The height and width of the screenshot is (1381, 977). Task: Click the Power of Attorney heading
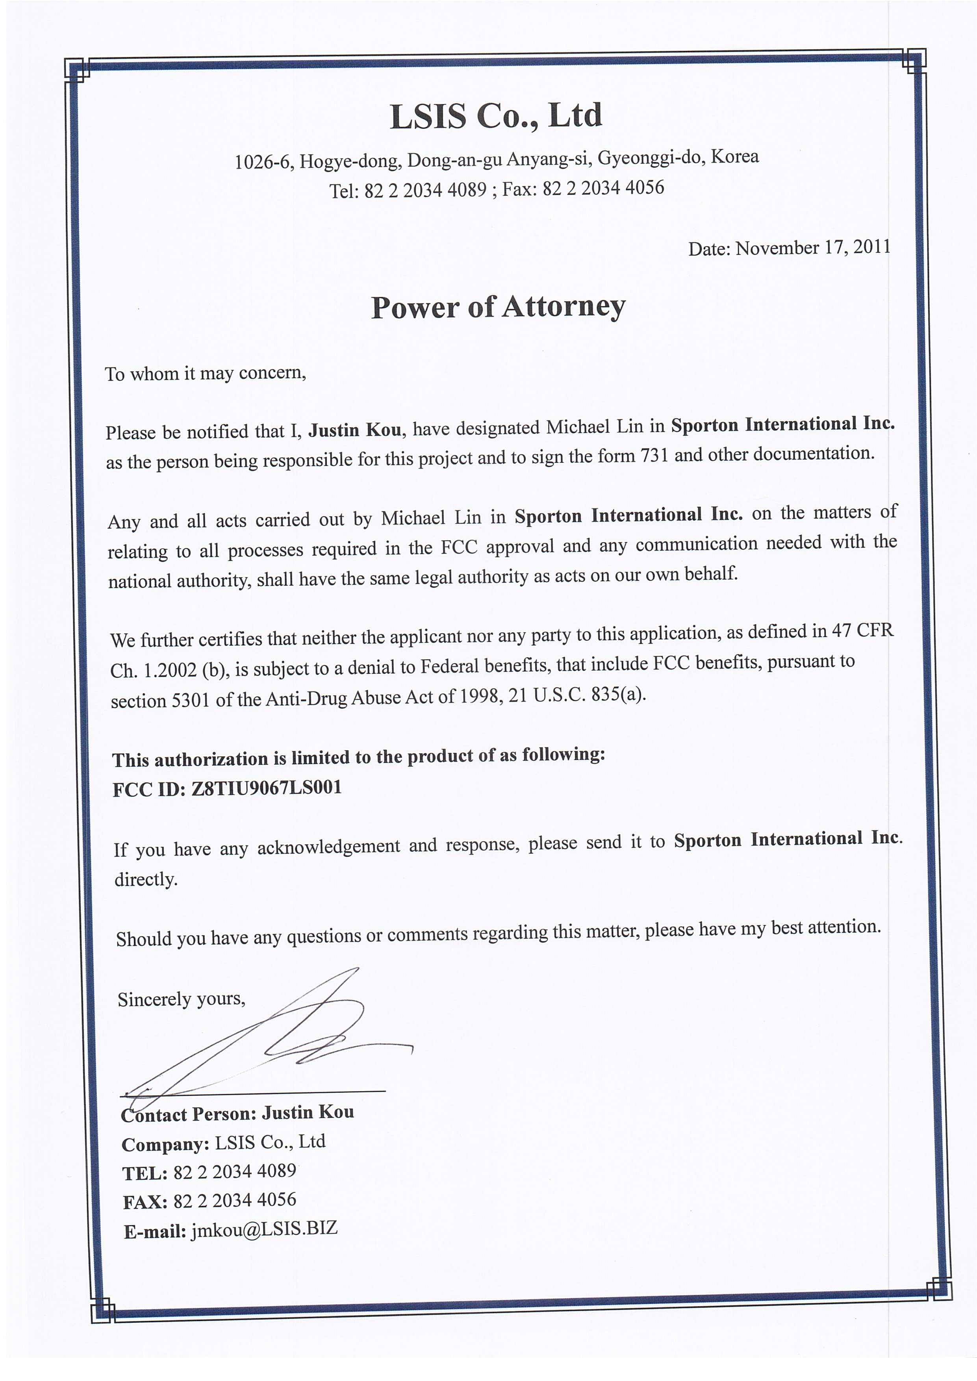[x=498, y=307]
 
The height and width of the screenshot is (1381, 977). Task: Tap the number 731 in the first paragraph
[x=654, y=455]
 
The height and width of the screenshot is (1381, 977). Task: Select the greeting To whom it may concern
[x=206, y=374]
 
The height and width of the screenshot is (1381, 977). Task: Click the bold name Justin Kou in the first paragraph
[x=355, y=430]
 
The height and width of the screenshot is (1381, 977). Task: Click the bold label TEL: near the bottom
[x=145, y=1173]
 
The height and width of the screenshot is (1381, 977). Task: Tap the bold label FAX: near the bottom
[x=145, y=1202]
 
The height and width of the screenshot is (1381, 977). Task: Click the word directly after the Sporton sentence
[x=146, y=879]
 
